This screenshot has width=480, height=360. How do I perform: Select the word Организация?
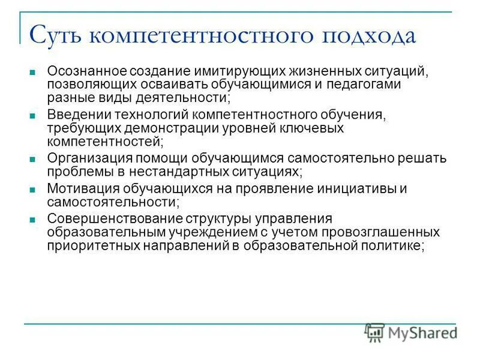coord(84,158)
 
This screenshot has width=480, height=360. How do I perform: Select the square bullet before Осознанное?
coord(33,73)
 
